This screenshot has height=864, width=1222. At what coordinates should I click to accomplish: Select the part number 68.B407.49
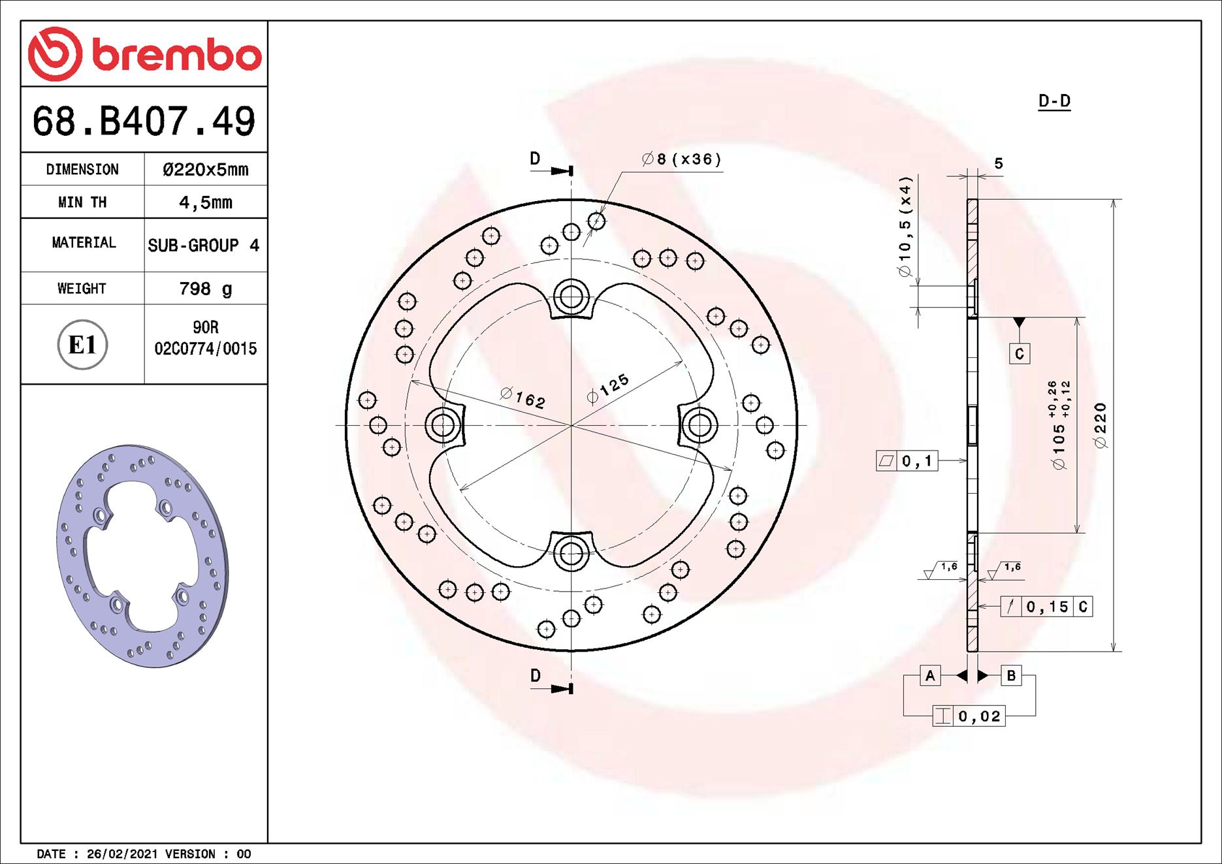144,121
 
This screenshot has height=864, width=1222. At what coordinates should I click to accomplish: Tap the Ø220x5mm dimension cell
205,170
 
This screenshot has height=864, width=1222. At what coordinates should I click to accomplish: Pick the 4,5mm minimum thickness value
205,202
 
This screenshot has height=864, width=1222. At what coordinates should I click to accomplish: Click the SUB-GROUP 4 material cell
204,246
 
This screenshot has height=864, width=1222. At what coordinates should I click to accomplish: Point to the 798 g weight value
205,289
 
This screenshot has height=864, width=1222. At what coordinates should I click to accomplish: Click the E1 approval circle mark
82,345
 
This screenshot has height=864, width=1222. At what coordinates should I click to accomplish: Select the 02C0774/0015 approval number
205,349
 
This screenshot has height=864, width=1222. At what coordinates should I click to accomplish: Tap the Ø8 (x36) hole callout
681,159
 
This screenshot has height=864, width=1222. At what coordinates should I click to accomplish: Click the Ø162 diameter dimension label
523,397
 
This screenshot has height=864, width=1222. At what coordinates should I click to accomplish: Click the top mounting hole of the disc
571,297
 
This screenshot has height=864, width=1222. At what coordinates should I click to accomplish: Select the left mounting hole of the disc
443,426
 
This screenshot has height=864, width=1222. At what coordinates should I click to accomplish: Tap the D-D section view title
1054,101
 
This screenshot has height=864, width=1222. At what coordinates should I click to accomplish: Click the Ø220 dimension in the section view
1101,426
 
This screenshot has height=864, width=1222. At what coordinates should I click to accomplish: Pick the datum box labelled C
1019,354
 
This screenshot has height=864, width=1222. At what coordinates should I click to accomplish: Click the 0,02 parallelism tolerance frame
969,716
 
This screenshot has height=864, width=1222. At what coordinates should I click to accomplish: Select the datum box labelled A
930,676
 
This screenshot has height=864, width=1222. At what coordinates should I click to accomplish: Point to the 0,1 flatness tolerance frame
907,461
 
